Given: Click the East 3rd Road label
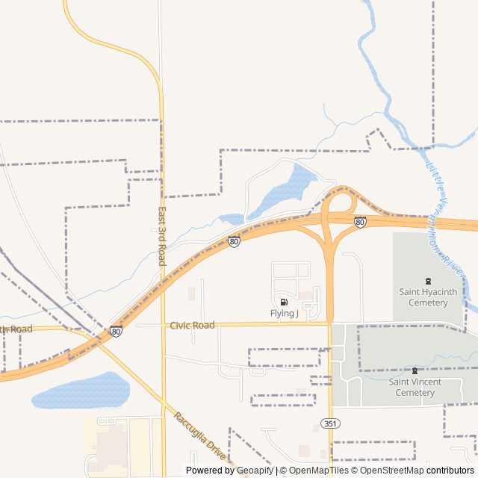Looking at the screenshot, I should click(161, 236).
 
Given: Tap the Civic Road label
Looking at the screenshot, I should click(192, 325).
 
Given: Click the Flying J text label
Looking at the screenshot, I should click(284, 314).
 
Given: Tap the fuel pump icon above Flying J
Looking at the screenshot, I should click(284, 302).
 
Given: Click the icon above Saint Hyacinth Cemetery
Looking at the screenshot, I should click(428, 281).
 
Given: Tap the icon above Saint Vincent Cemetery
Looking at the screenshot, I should click(415, 370).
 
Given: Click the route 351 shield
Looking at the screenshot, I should click(329, 423).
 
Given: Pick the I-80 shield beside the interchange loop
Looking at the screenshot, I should click(360, 222).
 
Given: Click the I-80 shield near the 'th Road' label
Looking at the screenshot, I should click(116, 331).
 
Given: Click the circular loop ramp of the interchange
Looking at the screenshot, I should click(341, 203).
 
